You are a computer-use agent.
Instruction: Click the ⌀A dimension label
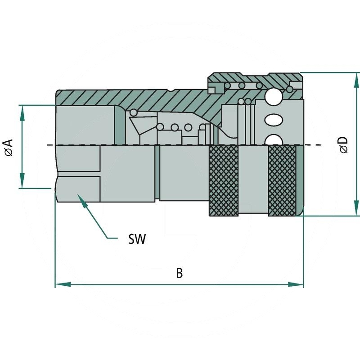[9, 147]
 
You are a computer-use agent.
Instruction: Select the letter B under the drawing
[179, 273]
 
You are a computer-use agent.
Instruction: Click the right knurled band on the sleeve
[282, 181]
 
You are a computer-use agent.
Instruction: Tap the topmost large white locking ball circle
[274, 95]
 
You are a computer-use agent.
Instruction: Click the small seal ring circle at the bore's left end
[134, 112]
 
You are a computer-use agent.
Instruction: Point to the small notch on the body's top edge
[172, 90]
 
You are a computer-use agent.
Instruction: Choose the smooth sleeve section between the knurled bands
[253, 181]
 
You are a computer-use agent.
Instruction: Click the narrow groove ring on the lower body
[157, 173]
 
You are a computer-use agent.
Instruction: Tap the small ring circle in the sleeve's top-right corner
[295, 85]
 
